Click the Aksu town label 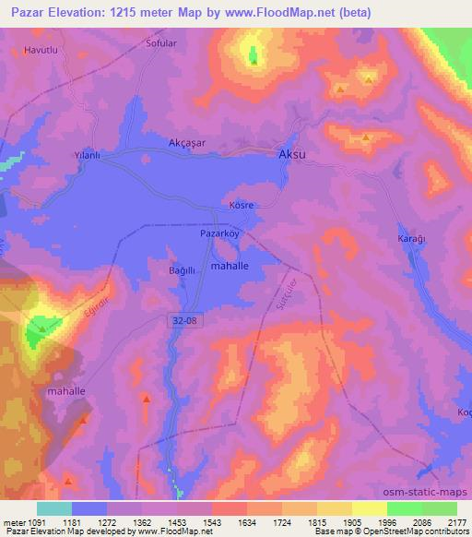pyautogui.click(x=291, y=157)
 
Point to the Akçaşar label pyautogui.click(x=187, y=143)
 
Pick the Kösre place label pyautogui.click(x=242, y=204)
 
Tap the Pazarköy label pyautogui.click(x=219, y=234)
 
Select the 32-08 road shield pyautogui.click(x=184, y=319)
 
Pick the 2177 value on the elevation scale pyautogui.click(x=456, y=522)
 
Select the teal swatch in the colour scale pyautogui.click(x=53, y=508)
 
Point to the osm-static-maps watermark pyautogui.click(x=427, y=493)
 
